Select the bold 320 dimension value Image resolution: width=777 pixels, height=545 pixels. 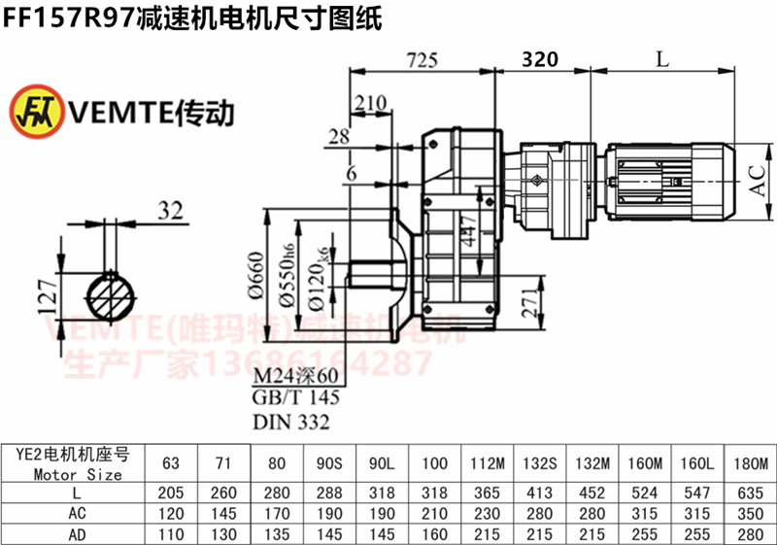540,59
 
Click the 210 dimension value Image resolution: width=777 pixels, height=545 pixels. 371,103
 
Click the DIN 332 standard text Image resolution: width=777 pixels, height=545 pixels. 291,422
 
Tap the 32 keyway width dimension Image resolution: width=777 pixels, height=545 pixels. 171,210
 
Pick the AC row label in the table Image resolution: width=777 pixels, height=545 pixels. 75,512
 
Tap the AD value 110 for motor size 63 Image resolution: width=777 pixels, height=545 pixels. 172,533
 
